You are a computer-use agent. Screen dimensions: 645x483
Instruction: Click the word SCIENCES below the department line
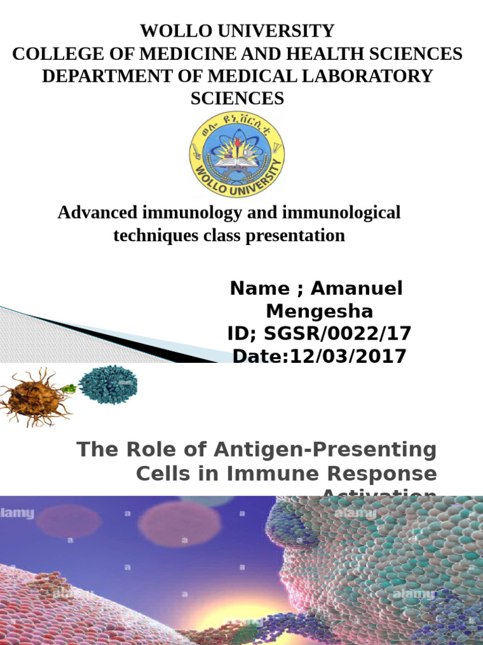pos(237,98)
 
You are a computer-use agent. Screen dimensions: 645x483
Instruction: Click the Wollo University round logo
pos(237,155)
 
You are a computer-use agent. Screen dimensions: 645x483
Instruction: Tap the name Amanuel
pos(357,288)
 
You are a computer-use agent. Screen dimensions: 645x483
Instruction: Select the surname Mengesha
pos(319,311)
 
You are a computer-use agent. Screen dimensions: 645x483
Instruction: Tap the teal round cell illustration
pos(108,382)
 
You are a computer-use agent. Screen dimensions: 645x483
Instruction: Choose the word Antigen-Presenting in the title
pos(325,450)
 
